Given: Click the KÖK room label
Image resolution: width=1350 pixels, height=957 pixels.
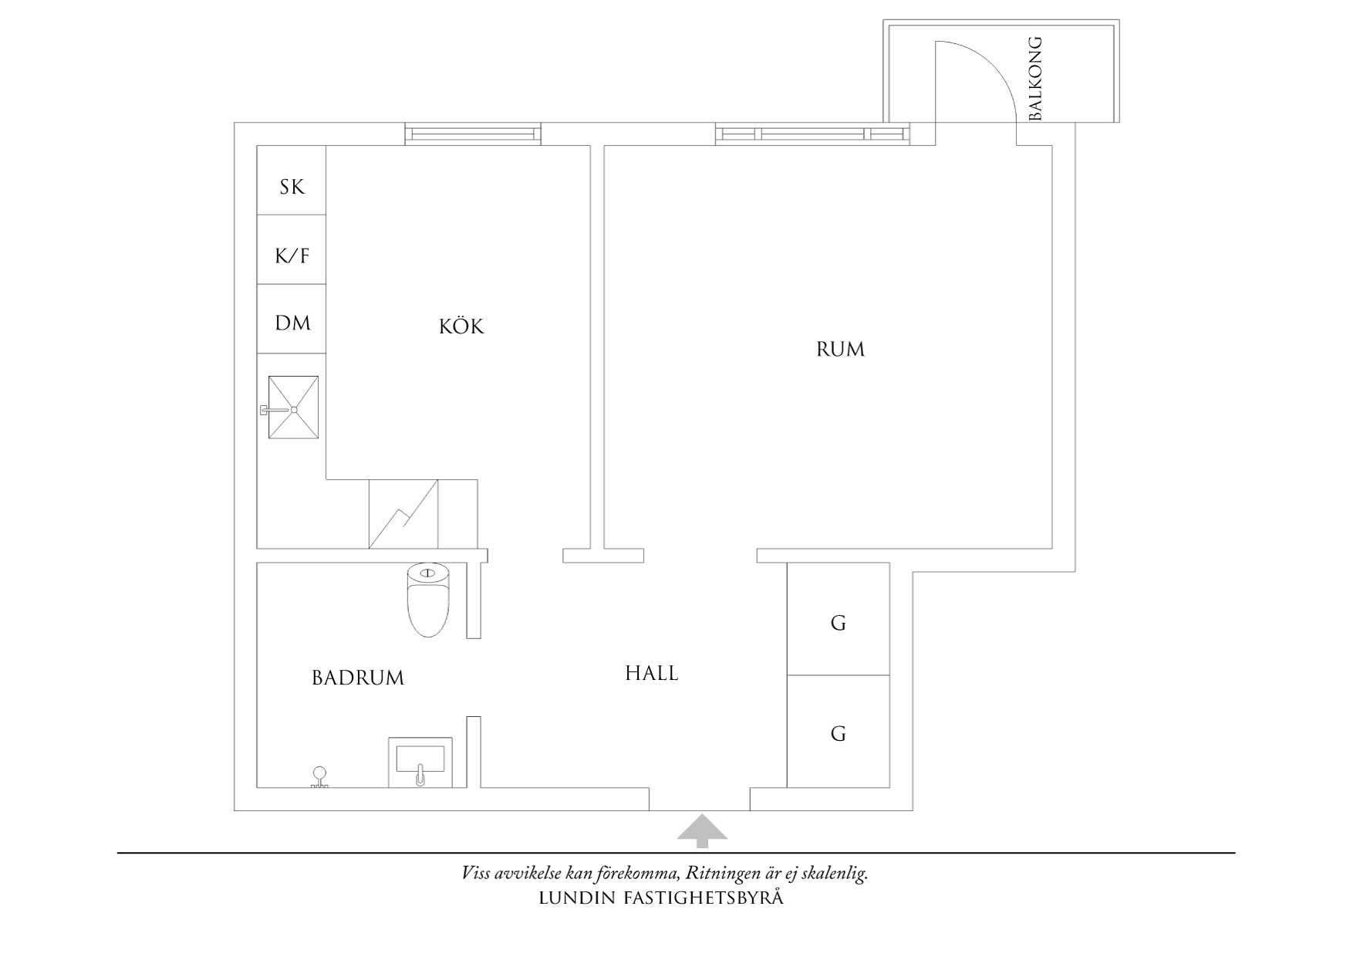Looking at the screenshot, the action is pyautogui.click(x=461, y=326).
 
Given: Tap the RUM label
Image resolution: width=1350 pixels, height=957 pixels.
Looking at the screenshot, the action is pyautogui.click(x=840, y=350).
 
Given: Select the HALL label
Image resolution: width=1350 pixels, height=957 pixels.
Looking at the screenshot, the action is pyautogui.click(x=652, y=674).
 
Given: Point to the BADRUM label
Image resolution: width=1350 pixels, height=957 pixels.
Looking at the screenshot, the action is pyautogui.click(x=358, y=678).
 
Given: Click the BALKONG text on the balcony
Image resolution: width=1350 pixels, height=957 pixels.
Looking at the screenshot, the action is pyautogui.click(x=1035, y=78).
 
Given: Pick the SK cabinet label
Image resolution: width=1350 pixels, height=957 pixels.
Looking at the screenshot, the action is pyautogui.click(x=292, y=187).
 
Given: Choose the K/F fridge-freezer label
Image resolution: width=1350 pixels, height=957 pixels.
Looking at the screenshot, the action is pyautogui.click(x=292, y=255).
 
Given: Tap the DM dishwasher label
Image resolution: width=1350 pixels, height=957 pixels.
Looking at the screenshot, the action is pyautogui.click(x=292, y=323).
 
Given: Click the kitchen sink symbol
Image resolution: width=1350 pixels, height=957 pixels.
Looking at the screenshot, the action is pyautogui.click(x=292, y=407).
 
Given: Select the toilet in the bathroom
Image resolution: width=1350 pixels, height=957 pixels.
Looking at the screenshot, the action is pyautogui.click(x=427, y=602).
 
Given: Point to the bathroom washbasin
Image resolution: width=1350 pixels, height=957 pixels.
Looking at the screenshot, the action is pyautogui.click(x=420, y=761).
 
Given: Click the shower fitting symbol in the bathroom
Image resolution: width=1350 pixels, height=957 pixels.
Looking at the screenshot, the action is pyautogui.click(x=319, y=777).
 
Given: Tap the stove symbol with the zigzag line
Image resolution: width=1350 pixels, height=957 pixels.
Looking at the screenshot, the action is pyautogui.click(x=403, y=514).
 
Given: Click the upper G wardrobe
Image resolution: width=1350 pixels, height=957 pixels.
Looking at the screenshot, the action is pyautogui.click(x=839, y=622).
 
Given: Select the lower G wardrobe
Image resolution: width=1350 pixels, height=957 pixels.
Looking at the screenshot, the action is pyautogui.click(x=839, y=733).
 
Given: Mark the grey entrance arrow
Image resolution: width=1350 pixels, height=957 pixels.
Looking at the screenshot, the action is pyautogui.click(x=702, y=830).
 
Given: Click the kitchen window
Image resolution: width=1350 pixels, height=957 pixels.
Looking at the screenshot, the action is pyautogui.click(x=473, y=134).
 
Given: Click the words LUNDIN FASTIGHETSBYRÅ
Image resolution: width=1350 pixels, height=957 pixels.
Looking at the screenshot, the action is pyautogui.click(x=661, y=898).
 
